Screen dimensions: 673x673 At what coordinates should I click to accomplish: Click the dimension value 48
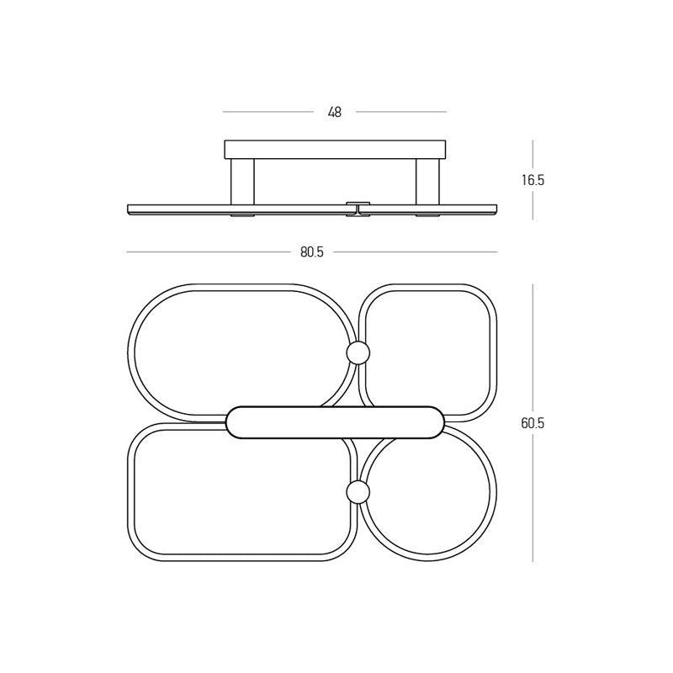tap(334, 113)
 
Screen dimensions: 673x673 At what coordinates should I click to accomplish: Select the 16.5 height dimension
tap(533, 180)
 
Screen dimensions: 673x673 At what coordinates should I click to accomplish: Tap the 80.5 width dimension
tap(312, 252)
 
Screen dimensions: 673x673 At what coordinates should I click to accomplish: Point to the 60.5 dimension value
tap(533, 423)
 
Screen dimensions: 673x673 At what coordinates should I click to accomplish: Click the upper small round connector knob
tap(358, 352)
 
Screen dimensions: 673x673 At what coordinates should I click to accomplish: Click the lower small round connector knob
tap(358, 491)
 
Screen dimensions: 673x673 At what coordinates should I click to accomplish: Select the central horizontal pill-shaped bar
tap(335, 422)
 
